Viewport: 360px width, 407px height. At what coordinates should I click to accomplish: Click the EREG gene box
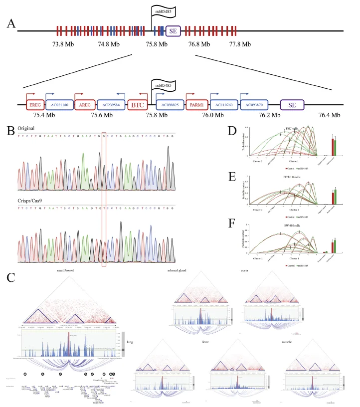pos(34,105)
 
